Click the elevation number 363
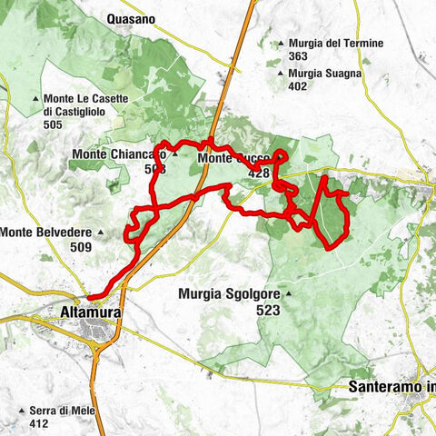298,56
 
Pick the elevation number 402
298,87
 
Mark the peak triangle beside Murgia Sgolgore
288,293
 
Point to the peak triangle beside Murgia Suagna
282,74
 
